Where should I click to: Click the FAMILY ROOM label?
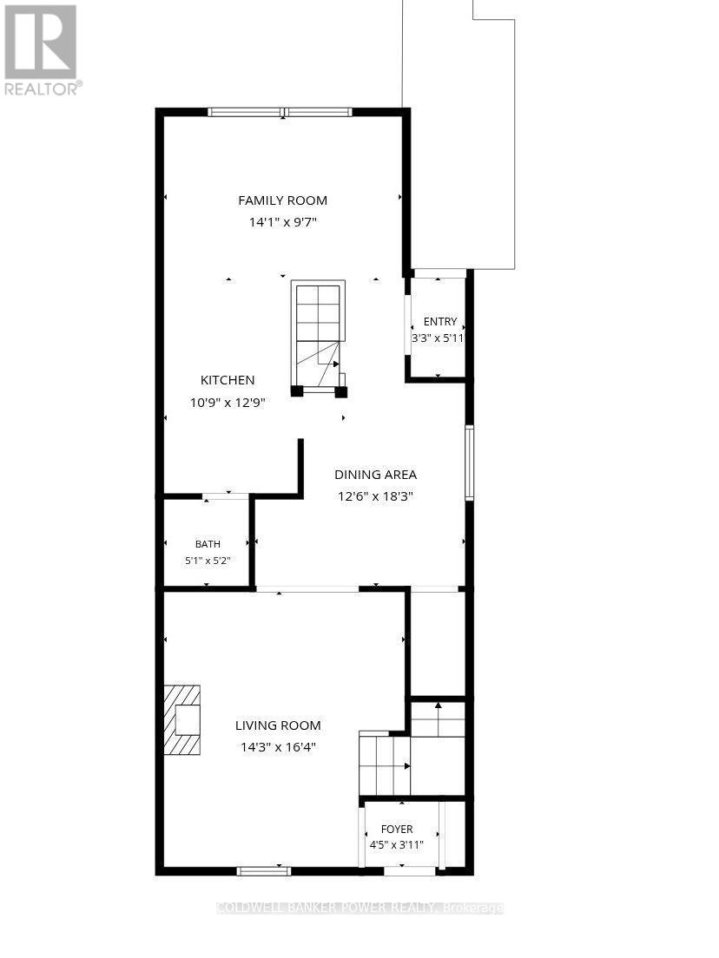(x=282, y=200)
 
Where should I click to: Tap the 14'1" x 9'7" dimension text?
(x=282, y=222)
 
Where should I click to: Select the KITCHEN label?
(x=228, y=380)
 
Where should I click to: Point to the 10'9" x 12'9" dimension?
(x=228, y=403)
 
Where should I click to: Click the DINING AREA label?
(x=375, y=474)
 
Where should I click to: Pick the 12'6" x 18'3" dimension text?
(x=375, y=496)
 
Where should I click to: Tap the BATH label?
(x=208, y=544)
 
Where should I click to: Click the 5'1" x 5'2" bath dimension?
(x=208, y=561)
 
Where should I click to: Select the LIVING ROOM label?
(x=278, y=725)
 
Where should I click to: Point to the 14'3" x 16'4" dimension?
(x=278, y=747)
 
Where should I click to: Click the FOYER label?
(x=397, y=829)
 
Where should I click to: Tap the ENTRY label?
(x=440, y=321)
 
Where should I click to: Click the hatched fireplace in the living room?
(x=181, y=719)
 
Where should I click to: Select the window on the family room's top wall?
(x=280, y=112)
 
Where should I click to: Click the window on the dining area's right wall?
(x=469, y=463)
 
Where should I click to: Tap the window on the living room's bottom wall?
(x=263, y=871)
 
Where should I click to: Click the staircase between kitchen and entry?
(x=318, y=338)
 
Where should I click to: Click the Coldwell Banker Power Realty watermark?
(x=359, y=908)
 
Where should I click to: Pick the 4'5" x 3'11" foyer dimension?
(x=396, y=845)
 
